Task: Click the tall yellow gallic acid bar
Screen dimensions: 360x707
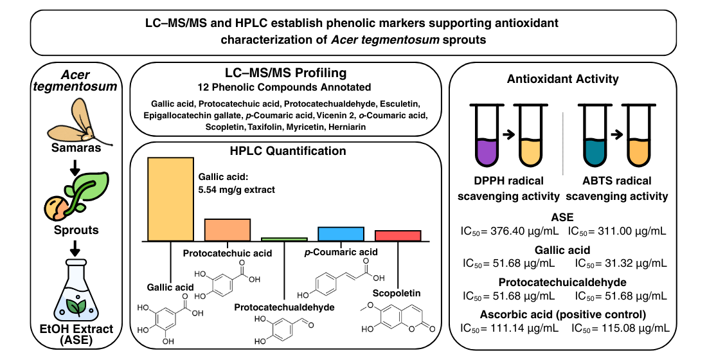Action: (170, 199)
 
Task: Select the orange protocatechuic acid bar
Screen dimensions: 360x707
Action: (228, 230)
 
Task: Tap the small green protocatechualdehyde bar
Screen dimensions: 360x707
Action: (284, 239)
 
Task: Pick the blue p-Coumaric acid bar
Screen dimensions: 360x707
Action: (341, 233)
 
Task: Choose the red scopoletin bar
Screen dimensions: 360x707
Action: (398, 235)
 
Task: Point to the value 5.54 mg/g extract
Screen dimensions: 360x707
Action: (237, 190)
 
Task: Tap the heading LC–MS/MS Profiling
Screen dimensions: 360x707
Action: (285, 73)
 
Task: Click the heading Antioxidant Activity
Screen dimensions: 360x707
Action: (562, 79)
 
